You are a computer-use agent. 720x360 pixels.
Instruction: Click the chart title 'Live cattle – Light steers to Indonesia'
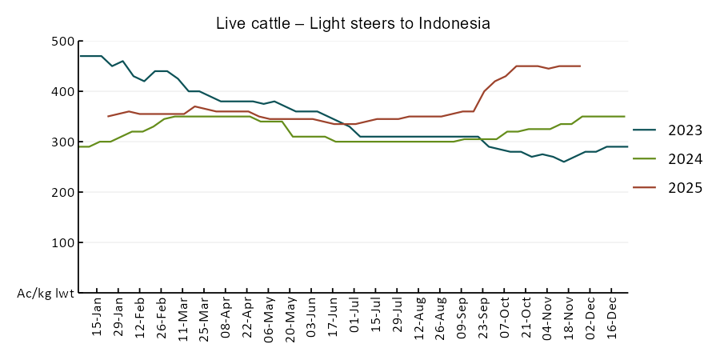(x=353, y=23)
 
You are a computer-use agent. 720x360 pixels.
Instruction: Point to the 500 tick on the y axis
(x=62, y=42)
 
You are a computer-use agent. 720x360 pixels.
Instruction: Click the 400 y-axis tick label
(x=62, y=92)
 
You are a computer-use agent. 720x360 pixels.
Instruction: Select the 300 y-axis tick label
(x=62, y=142)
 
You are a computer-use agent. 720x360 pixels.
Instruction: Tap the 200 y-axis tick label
(x=62, y=193)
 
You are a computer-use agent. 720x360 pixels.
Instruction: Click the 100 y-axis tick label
(x=62, y=243)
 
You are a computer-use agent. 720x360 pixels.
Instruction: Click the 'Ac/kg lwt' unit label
(x=46, y=294)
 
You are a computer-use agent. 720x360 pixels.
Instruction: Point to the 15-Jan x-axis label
(x=98, y=318)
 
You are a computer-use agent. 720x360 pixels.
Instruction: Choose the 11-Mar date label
(x=183, y=318)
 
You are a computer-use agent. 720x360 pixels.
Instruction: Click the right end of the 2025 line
(x=580, y=66)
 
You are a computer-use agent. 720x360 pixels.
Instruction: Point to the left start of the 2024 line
(x=78, y=146)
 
